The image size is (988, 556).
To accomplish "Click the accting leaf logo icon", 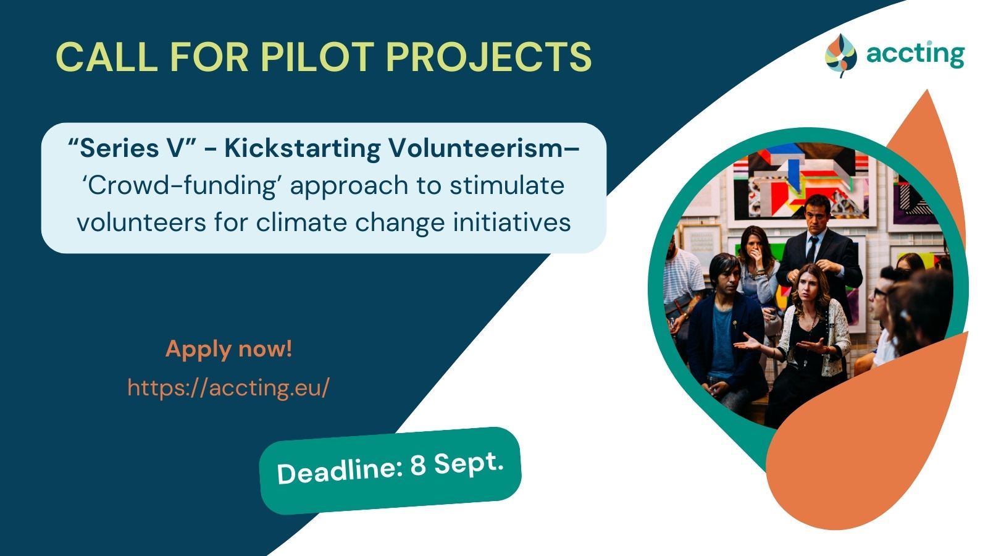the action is [840, 56].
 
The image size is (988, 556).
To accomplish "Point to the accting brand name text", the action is [915, 55].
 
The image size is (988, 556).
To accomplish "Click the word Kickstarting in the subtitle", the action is [302, 148].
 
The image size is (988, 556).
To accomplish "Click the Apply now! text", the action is [228, 348].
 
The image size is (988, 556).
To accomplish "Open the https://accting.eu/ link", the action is [228, 387].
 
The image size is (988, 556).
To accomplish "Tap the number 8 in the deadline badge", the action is [417, 466].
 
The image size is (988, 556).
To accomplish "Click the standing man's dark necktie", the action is [811, 250].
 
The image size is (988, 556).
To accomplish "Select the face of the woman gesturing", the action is [810, 287].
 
